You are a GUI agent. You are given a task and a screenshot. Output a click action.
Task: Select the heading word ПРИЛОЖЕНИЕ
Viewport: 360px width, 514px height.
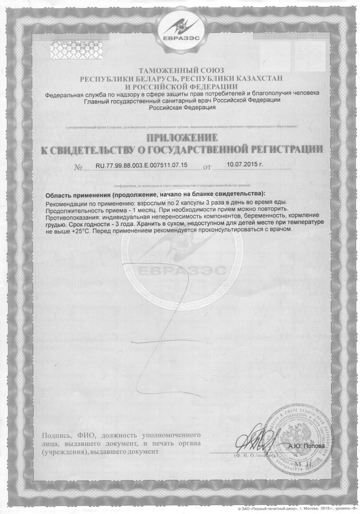click(x=182, y=137)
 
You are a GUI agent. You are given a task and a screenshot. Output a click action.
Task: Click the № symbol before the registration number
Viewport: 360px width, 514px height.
click(x=78, y=168)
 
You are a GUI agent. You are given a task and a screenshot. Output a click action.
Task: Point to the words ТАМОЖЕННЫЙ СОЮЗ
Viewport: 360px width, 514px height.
click(x=182, y=70)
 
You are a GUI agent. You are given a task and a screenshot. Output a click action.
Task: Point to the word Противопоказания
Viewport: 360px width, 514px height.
click(x=73, y=217)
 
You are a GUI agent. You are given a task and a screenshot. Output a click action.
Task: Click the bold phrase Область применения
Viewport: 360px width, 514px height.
click(x=78, y=195)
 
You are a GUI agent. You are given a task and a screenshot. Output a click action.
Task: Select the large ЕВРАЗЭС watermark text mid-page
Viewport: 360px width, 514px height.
click(x=182, y=271)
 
